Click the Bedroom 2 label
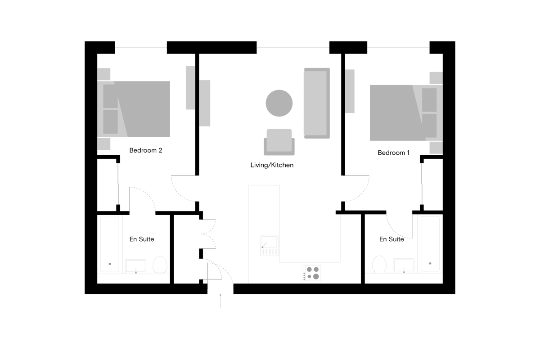[x=146, y=150]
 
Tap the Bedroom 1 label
[x=393, y=153]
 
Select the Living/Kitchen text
[x=272, y=165]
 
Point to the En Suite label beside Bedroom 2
[x=141, y=239]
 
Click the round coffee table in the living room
[x=279, y=103]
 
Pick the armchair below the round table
[x=279, y=142]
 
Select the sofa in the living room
[x=316, y=103]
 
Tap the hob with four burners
[x=312, y=273]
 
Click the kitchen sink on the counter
[x=269, y=245]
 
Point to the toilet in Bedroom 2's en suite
[x=160, y=265]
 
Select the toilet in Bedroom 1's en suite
[x=379, y=264]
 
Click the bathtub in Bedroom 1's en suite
[x=430, y=244]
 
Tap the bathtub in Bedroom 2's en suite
[x=110, y=244]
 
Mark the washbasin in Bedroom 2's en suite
[x=136, y=266]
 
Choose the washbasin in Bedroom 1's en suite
[x=404, y=265]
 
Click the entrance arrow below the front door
[x=220, y=301]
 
